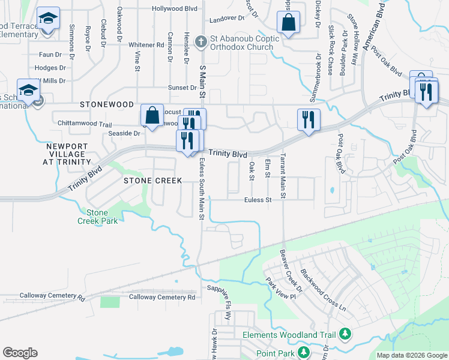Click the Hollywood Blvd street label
click(x=174, y=9)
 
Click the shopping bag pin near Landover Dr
click(x=289, y=23)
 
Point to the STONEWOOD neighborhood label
click(x=107, y=104)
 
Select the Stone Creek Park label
click(x=97, y=216)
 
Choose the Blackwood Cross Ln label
click(x=324, y=289)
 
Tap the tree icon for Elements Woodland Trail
click(x=345, y=334)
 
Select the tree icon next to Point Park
click(x=304, y=352)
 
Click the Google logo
click(x=20, y=353)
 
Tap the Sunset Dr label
click(x=182, y=87)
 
